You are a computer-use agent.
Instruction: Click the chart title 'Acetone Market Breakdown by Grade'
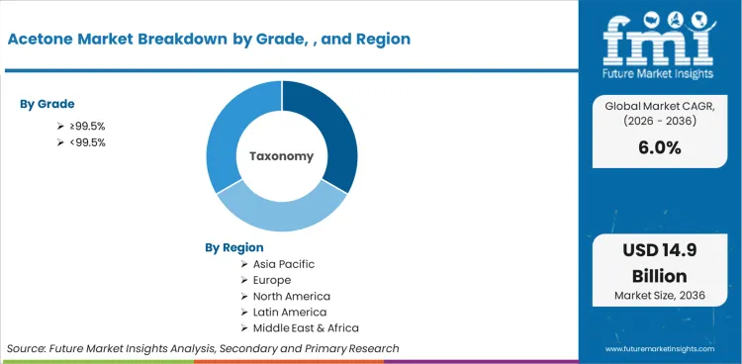click(208, 39)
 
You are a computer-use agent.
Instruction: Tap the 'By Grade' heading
click(47, 104)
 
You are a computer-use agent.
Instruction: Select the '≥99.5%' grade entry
click(87, 126)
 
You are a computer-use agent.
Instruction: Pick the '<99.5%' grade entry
click(87, 142)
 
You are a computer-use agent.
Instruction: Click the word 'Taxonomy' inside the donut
click(281, 156)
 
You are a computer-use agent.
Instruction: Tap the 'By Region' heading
click(234, 247)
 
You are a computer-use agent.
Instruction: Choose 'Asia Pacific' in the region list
click(284, 264)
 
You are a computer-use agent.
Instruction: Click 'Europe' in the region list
click(273, 280)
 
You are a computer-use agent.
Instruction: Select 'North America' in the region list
click(291, 296)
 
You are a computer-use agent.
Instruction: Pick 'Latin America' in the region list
click(291, 312)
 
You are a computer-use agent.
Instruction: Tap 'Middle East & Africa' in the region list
click(305, 327)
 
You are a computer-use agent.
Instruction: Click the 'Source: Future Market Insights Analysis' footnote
click(203, 348)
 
